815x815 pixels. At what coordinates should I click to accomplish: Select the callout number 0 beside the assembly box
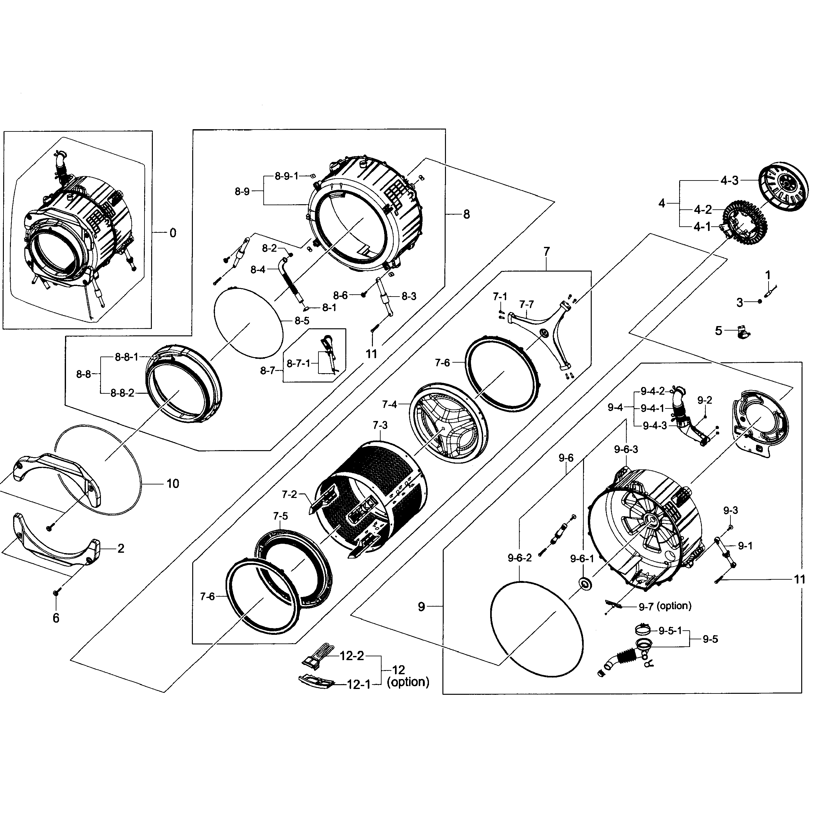pos(173,233)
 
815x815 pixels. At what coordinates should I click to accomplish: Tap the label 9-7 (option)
pos(665,606)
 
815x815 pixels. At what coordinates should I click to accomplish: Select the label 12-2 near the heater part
pos(352,656)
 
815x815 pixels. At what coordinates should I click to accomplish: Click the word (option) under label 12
pos(407,682)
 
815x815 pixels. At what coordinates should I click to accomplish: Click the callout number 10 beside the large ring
pos(173,483)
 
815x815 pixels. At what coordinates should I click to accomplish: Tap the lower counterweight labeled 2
pos(55,545)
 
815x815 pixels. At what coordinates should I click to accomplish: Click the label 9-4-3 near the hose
pos(655,426)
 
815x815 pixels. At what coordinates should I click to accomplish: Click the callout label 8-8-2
pos(122,393)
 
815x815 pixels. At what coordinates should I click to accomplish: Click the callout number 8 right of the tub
pos(466,214)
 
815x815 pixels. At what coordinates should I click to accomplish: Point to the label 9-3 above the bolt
pos(731,510)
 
